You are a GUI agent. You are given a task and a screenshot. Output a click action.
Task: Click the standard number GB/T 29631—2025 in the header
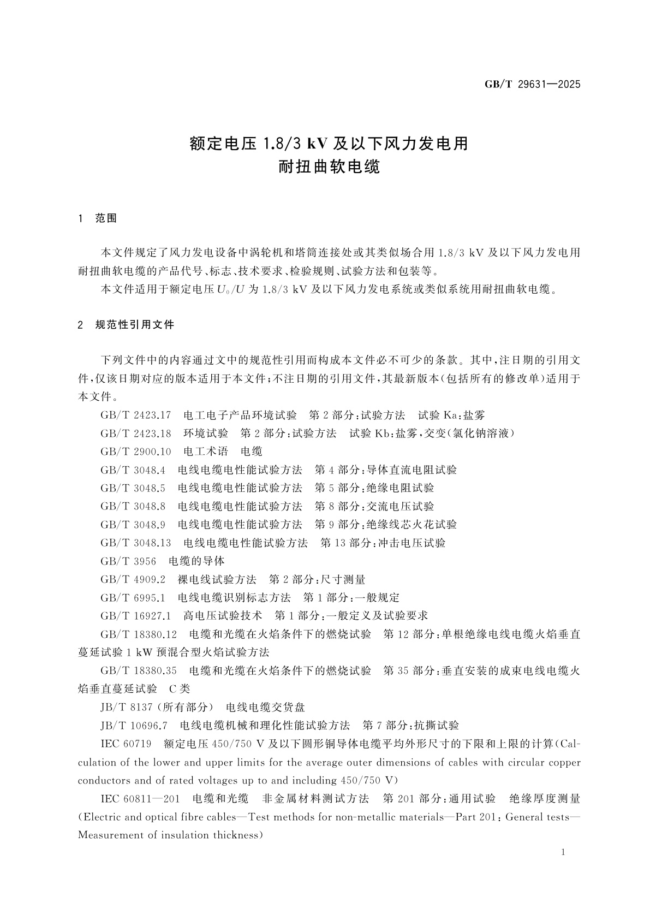pos(532,84)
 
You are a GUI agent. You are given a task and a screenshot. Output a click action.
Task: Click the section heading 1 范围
pos(98,218)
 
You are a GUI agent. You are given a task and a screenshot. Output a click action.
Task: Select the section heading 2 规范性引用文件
pos(127,325)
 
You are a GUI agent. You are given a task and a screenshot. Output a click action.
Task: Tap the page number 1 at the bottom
pos(563,852)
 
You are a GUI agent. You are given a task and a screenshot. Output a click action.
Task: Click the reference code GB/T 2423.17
pos(136,415)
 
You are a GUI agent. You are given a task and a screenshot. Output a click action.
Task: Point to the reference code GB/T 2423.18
pos(136,434)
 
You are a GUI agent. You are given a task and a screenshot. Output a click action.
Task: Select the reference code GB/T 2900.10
pos(136,452)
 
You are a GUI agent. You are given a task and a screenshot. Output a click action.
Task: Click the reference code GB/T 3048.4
pos(133,470)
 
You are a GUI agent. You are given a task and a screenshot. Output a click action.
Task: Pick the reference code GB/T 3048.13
pos(136,543)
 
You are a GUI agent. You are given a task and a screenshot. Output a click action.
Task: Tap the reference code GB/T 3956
pos(128,561)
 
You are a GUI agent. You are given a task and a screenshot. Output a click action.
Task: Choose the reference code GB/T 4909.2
pos(133,580)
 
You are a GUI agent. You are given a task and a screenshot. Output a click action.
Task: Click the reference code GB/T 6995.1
pos(133,598)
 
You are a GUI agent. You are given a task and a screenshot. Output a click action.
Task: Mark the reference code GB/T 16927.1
pos(136,616)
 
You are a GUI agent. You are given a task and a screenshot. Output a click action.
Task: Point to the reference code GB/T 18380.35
pos(139,670)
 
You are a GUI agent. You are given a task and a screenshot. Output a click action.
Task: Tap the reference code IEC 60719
pos(126,744)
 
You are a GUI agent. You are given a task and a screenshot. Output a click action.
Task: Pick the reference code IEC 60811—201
pos(140,799)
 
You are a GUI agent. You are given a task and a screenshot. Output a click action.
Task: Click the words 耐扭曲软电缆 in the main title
pos(329,167)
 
